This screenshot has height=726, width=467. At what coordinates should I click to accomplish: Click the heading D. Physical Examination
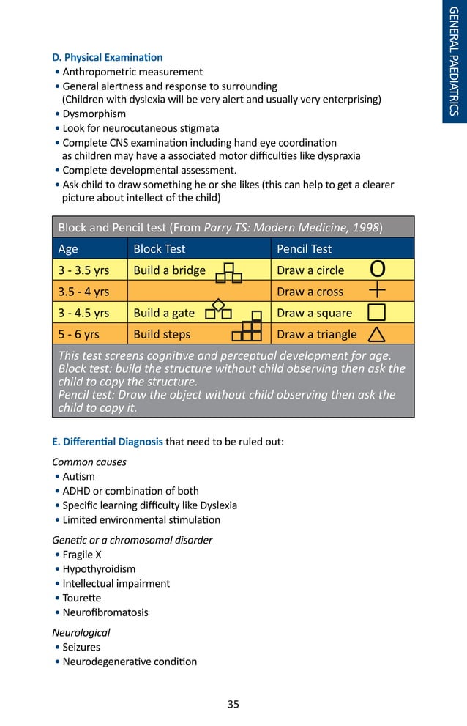107,57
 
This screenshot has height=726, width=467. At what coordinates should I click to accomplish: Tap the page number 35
233,705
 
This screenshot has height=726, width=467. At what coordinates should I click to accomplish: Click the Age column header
68,249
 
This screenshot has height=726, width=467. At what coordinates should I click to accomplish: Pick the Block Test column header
159,249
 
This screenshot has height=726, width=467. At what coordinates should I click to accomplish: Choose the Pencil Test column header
304,249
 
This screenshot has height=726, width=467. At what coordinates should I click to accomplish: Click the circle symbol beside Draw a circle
376,270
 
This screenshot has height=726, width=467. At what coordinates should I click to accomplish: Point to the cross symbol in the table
377,290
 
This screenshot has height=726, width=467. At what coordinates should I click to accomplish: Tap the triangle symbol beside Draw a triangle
376,335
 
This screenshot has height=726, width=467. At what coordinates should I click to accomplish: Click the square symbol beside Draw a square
376,313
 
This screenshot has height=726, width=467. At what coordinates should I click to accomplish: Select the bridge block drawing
229,273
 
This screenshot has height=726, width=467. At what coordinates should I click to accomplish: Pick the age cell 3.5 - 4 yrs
83,292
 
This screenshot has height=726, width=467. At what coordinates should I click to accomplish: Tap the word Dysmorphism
94,114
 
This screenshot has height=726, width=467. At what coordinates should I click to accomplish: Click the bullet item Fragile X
82,555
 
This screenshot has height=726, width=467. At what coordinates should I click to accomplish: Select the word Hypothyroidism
99,569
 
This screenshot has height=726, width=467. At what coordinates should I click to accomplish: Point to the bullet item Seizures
81,648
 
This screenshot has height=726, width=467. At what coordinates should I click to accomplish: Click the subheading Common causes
89,462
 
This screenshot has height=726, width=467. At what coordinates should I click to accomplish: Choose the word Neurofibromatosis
105,612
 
